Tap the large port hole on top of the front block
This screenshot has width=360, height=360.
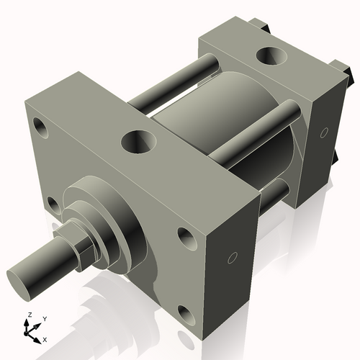(136, 141)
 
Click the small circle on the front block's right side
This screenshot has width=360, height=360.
(233, 258)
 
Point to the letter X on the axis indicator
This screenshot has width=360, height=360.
(45, 338)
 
